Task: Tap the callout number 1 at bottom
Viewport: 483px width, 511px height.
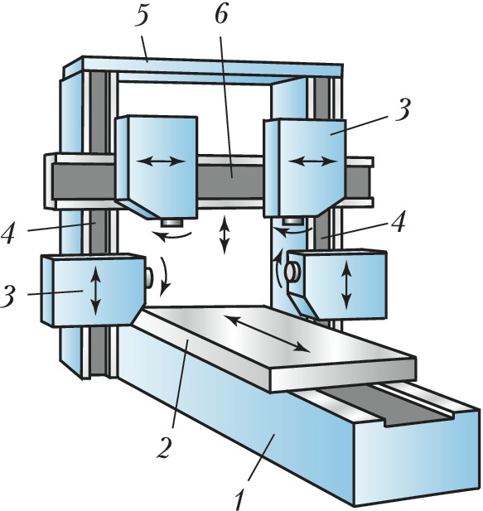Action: [240, 498]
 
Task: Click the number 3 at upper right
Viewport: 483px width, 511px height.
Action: [403, 109]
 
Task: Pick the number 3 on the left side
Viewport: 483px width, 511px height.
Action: [8, 296]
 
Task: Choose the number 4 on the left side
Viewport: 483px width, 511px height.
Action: [8, 232]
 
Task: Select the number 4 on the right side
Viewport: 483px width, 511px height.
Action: [397, 220]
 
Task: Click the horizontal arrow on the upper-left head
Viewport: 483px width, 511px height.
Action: [161, 161]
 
